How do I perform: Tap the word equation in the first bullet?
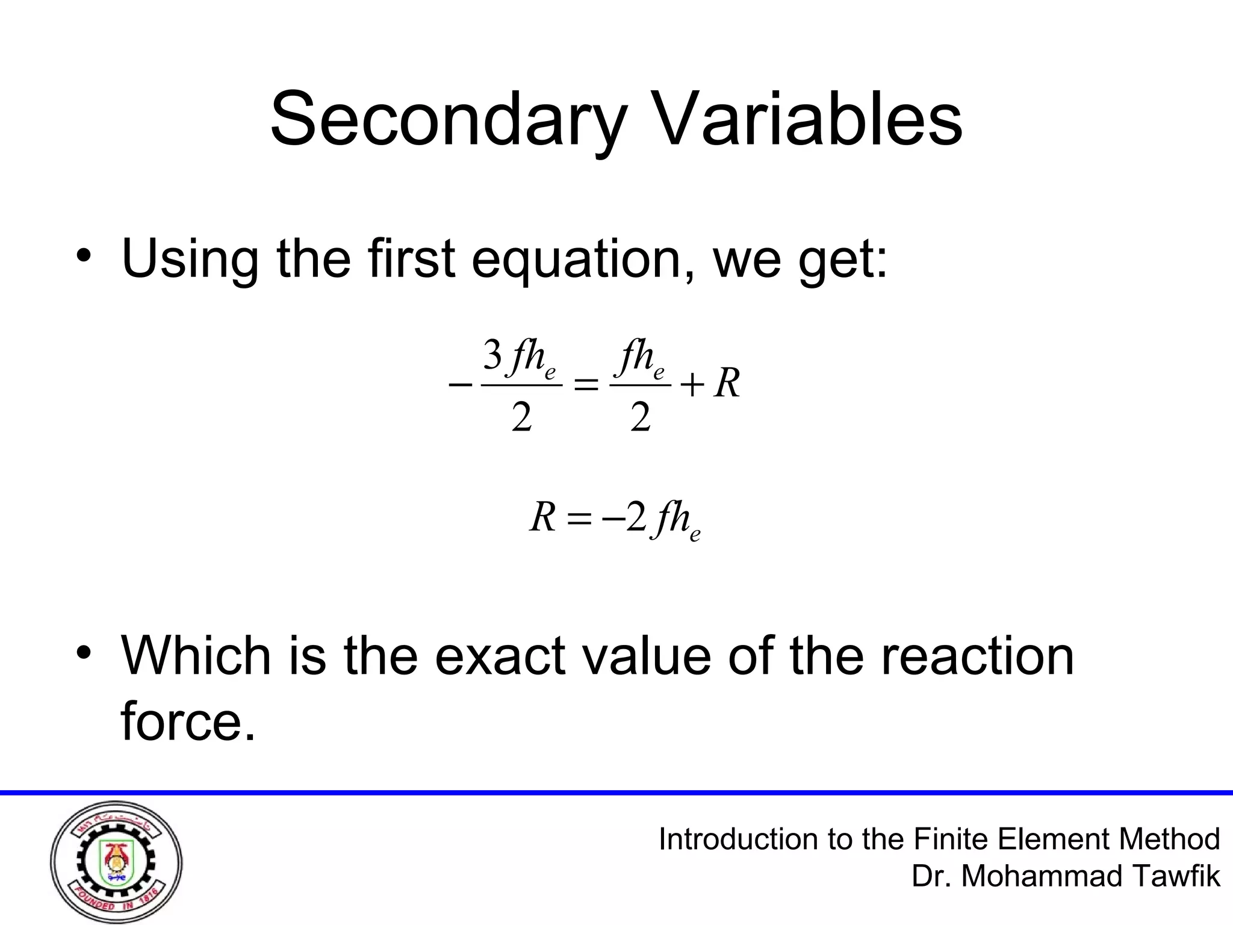(581, 260)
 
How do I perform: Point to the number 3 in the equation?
(492, 357)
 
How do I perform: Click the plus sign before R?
(692, 385)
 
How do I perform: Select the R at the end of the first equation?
(727, 384)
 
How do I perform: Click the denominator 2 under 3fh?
(521, 417)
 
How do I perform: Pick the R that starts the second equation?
(542, 517)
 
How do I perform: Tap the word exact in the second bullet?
(500, 656)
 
